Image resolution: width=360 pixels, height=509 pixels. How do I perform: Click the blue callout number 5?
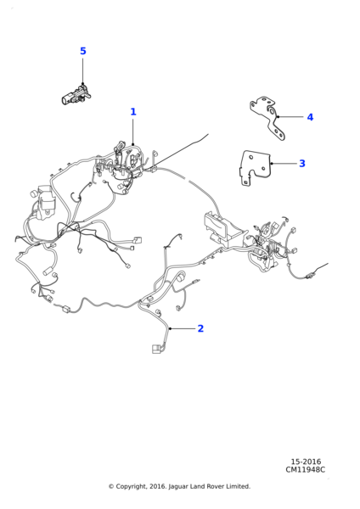pyautogui.click(x=83, y=51)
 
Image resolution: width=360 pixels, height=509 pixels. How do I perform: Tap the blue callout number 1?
pyautogui.click(x=133, y=112)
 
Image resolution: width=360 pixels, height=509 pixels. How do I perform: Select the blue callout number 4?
pyautogui.click(x=310, y=117)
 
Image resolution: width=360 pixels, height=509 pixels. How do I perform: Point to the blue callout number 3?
pyautogui.click(x=302, y=163)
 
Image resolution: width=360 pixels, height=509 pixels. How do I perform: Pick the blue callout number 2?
pyautogui.click(x=200, y=328)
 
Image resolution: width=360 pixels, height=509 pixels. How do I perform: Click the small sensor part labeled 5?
pyautogui.click(x=76, y=94)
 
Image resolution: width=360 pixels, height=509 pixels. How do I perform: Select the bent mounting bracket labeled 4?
pyautogui.click(x=268, y=118)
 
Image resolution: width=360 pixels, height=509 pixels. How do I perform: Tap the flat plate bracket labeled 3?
pyautogui.click(x=255, y=167)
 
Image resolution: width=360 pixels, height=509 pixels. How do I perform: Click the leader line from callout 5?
pyautogui.click(x=83, y=71)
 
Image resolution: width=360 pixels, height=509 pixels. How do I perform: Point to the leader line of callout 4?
pyautogui.click(x=290, y=116)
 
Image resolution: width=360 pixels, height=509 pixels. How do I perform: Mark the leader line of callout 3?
pyautogui.click(x=284, y=163)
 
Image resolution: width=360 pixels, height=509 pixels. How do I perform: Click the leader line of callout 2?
pyautogui.click(x=183, y=328)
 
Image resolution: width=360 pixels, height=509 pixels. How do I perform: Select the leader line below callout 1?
pyautogui.click(x=133, y=132)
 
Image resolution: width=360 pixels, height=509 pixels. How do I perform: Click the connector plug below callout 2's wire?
pyautogui.click(x=156, y=350)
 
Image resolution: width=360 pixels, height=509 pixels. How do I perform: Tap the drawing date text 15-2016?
pyautogui.click(x=306, y=461)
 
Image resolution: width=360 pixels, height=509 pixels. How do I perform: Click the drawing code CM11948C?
pyautogui.click(x=305, y=470)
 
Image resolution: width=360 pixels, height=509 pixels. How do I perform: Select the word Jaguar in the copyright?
pyautogui.click(x=177, y=487)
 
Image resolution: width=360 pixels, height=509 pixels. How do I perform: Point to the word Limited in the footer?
pyautogui.click(x=239, y=486)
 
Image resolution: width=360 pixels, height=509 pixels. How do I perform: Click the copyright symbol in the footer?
pyautogui.click(x=111, y=487)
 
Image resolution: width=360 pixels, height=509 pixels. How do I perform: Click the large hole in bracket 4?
pyautogui.click(x=271, y=112)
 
